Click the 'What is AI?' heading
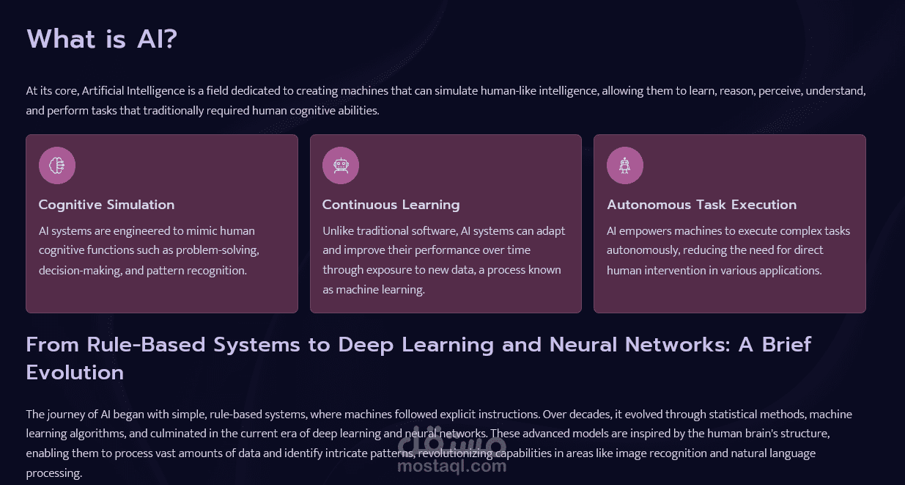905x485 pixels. [x=102, y=39]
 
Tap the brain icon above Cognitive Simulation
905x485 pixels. [x=57, y=166]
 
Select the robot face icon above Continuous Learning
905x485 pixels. [x=341, y=166]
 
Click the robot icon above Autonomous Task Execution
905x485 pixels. [x=625, y=166]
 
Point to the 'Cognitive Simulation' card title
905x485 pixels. [x=106, y=205]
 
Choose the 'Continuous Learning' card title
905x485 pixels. [x=391, y=205]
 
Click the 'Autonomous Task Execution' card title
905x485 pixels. [x=701, y=205]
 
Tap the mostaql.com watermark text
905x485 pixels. [x=451, y=465]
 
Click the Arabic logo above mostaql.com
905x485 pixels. [x=451, y=441]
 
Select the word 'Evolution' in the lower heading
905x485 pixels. [x=75, y=373]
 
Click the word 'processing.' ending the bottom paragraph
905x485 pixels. [x=53, y=473]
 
